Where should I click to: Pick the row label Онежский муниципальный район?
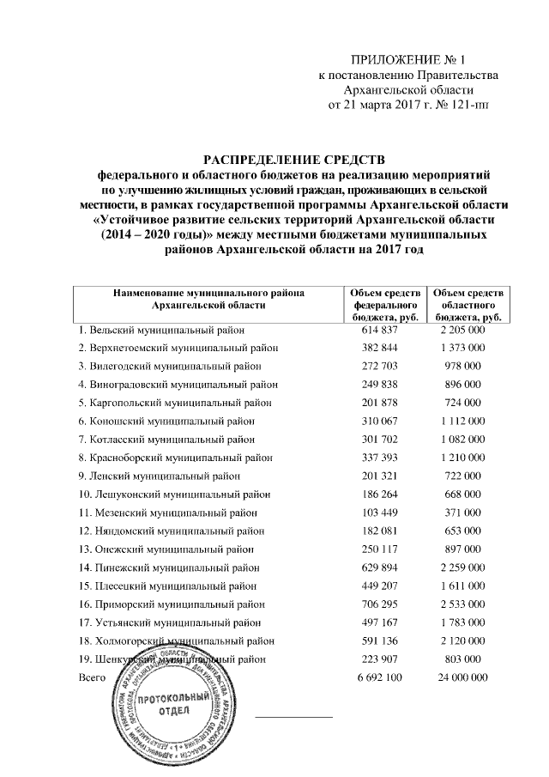click(x=167, y=549)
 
